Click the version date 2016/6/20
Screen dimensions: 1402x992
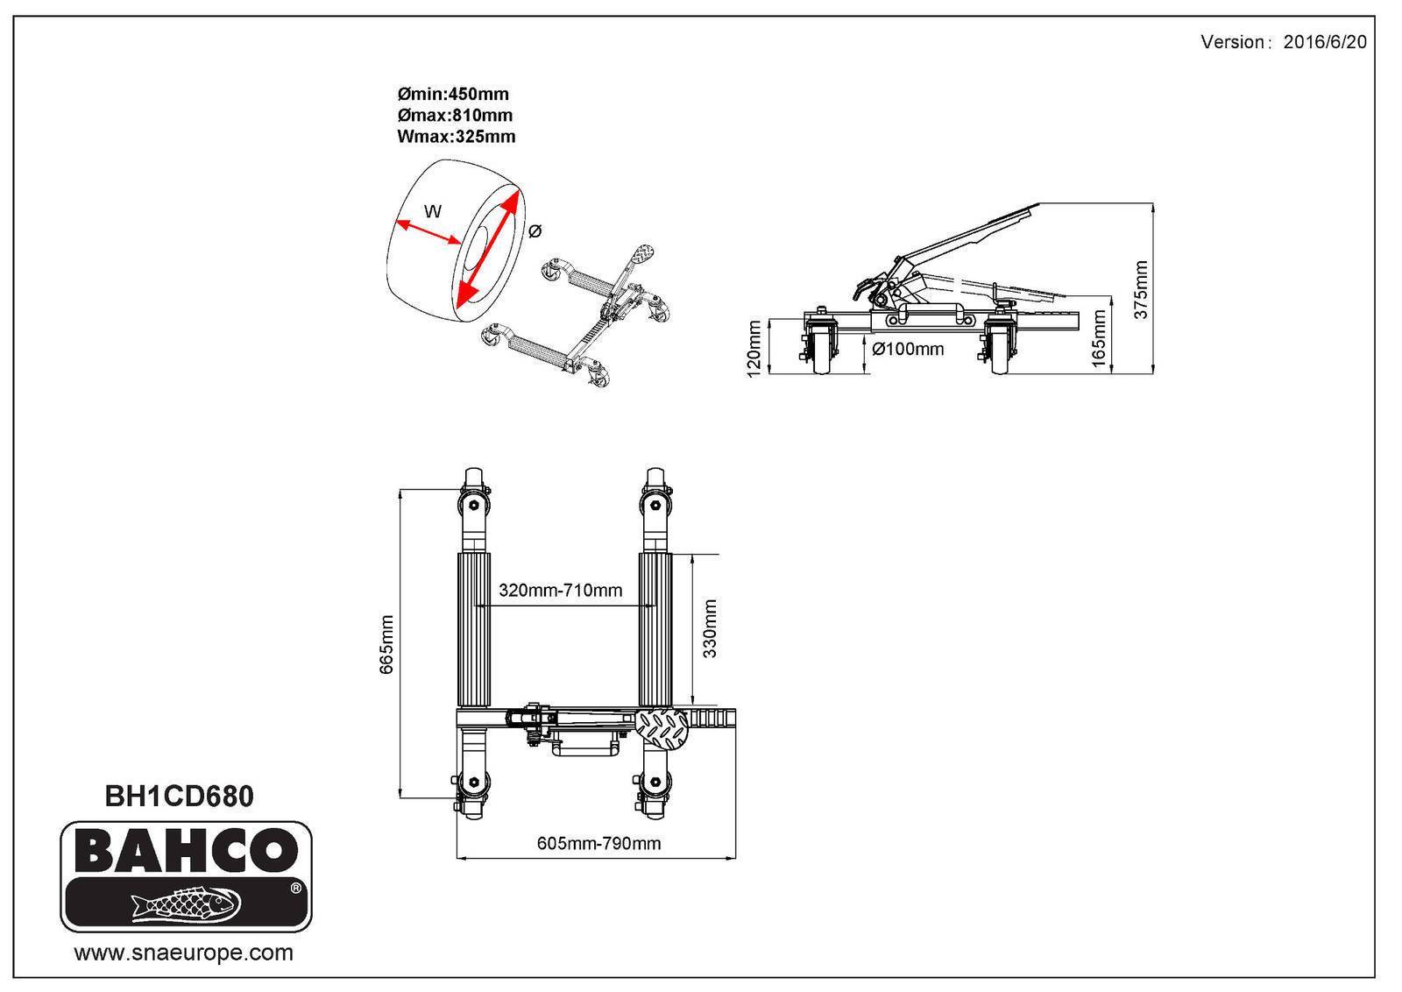(1324, 42)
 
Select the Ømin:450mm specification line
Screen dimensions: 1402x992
(453, 94)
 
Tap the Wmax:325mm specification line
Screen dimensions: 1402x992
(457, 137)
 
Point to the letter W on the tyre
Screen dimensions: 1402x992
(433, 211)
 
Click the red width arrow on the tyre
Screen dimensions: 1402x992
(428, 231)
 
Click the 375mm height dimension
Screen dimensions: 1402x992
(1141, 289)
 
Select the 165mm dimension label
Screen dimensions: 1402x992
(1099, 338)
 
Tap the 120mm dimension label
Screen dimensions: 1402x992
(754, 348)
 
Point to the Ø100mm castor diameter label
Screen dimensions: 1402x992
(908, 349)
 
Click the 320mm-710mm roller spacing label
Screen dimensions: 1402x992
(560, 590)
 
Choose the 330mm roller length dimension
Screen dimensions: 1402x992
(709, 628)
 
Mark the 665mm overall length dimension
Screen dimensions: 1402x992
(386, 644)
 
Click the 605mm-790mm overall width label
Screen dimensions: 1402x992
(599, 843)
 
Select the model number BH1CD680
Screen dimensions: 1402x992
(179, 796)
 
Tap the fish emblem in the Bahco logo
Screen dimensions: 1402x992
(186, 903)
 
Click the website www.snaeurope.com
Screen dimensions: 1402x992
(183, 953)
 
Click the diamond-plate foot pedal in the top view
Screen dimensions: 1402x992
(661, 729)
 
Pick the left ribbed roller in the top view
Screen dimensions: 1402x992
(474, 630)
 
